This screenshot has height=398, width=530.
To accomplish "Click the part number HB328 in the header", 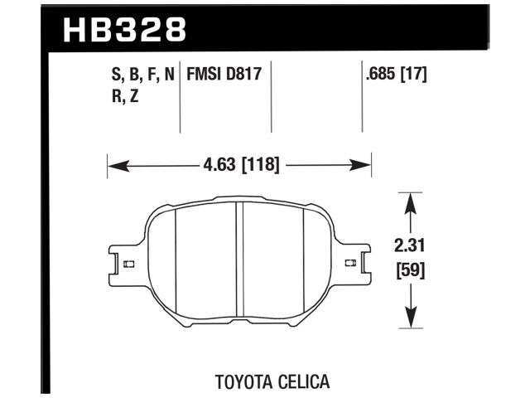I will [125, 30].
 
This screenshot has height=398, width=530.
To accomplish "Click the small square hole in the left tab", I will [128, 265].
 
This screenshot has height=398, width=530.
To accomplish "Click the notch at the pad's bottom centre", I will [238, 320].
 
